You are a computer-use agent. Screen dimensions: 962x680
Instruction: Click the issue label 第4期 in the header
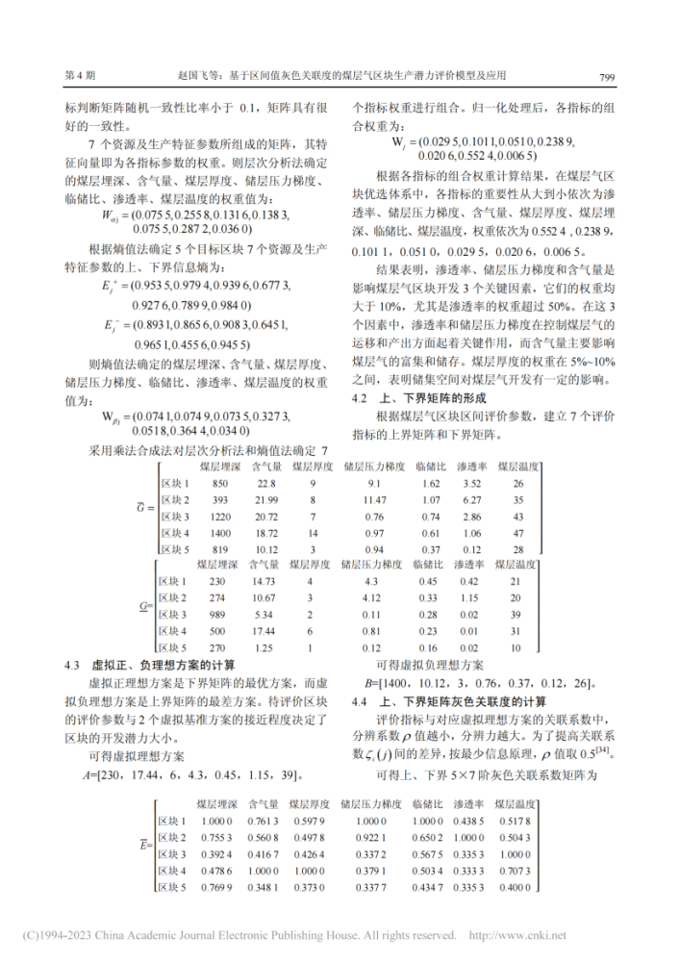click(x=78, y=75)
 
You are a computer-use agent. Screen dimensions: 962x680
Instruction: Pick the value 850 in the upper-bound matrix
click(x=220, y=483)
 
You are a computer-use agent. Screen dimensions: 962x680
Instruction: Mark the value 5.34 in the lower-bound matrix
click(x=264, y=614)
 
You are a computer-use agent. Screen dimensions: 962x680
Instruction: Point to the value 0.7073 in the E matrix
click(x=513, y=870)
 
